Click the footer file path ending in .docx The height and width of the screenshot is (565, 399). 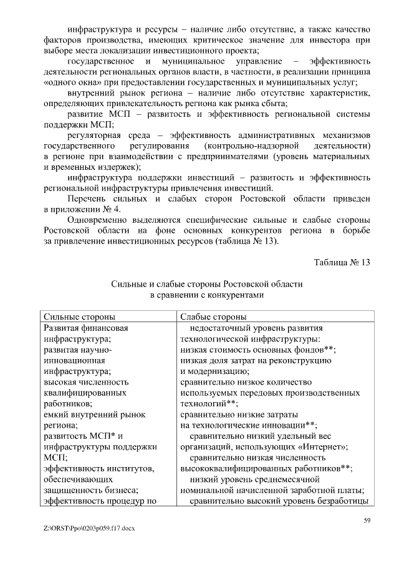[x=90, y=528]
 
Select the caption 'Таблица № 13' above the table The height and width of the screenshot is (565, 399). [x=342, y=262]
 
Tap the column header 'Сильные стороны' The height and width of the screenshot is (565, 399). [x=78, y=317]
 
